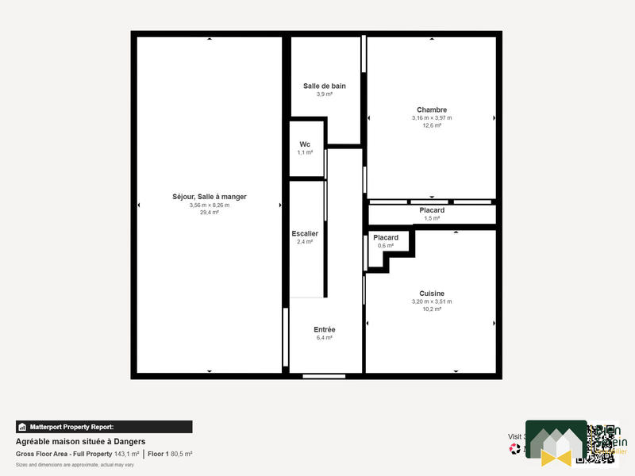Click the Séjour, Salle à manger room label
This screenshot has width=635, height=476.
click(210, 197)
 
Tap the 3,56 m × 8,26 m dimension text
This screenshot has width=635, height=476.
click(210, 205)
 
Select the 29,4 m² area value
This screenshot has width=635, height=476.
click(210, 213)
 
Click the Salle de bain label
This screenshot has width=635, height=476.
click(325, 86)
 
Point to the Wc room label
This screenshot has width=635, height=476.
click(305, 144)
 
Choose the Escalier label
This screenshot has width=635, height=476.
click(305, 234)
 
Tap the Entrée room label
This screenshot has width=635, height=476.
click(325, 329)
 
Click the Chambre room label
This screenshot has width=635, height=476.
click(432, 110)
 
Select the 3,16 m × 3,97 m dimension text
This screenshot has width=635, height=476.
click(432, 118)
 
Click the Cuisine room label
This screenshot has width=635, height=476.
click(432, 294)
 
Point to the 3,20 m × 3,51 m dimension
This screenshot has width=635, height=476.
click(432, 301)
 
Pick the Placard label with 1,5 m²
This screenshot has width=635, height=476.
click(432, 210)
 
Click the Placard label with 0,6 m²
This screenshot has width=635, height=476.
click(386, 238)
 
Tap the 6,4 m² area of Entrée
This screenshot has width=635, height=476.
click(325, 338)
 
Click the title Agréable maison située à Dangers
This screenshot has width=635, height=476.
click(80, 442)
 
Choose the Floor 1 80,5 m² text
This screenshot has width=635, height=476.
click(170, 454)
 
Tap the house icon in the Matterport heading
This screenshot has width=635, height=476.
click(22, 427)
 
